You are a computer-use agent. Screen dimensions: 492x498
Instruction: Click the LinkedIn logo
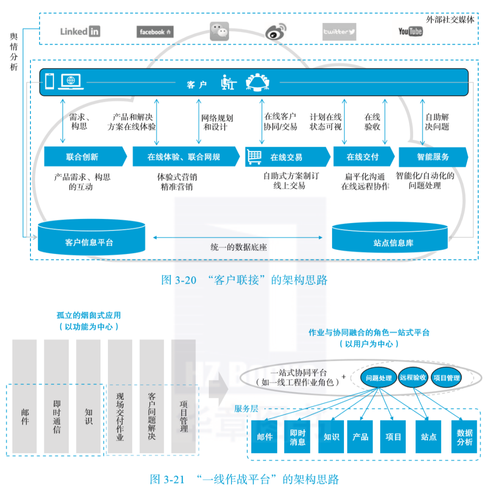(80, 31)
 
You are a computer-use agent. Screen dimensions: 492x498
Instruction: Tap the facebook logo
(155, 32)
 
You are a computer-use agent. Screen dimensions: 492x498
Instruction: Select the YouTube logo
(410, 31)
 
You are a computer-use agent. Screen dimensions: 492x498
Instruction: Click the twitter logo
(339, 32)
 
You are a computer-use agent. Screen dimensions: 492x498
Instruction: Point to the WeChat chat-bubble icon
(219, 31)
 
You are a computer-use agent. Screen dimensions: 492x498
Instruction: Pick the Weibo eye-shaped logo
(279, 32)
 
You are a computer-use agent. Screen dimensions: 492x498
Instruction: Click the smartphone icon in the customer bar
(49, 81)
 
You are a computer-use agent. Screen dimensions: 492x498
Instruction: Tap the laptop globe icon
(71, 81)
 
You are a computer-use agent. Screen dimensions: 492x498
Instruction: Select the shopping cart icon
(255, 156)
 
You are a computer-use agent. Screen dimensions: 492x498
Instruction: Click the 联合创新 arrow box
(84, 157)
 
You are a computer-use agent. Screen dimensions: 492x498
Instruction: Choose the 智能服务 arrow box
(433, 157)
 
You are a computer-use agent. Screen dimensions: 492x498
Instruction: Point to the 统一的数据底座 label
(238, 247)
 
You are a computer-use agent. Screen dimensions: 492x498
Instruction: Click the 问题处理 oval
(379, 378)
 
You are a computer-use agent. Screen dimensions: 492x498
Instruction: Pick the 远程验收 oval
(413, 378)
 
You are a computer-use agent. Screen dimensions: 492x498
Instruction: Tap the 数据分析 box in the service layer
(464, 436)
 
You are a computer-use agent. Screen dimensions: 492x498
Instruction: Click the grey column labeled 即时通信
(56, 397)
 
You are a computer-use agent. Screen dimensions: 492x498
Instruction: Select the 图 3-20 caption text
(244, 280)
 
